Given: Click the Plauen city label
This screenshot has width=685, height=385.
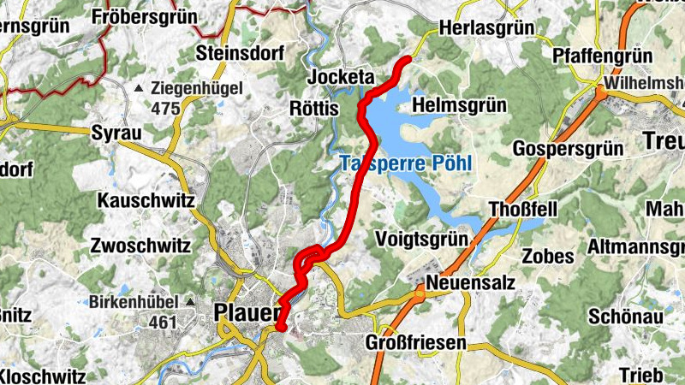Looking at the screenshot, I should tap(247, 314).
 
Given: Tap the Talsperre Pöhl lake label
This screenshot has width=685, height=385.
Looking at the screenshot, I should tap(405, 163).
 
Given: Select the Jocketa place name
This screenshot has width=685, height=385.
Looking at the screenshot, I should tap(341, 77).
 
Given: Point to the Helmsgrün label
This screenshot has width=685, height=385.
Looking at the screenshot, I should tap(460, 104).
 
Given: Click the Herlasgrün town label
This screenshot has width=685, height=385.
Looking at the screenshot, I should tap(485, 28).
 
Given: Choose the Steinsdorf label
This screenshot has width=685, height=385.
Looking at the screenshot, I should tap(239, 53).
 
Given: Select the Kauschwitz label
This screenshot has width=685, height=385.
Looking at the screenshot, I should tap(146, 201).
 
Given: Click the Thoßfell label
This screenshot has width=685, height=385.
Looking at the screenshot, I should tap(524, 210).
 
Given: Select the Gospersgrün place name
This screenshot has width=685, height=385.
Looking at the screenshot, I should tap(567, 148).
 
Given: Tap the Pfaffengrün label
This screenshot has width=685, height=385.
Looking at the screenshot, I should tap(603, 56).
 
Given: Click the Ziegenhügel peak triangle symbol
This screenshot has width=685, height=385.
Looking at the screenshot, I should tap(139, 88).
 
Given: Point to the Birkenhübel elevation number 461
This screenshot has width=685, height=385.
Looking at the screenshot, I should tap(161, 322).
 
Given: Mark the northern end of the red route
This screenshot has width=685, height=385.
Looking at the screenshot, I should tap(407, 59).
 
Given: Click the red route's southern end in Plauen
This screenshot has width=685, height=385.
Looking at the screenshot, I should tap(280, 327).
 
